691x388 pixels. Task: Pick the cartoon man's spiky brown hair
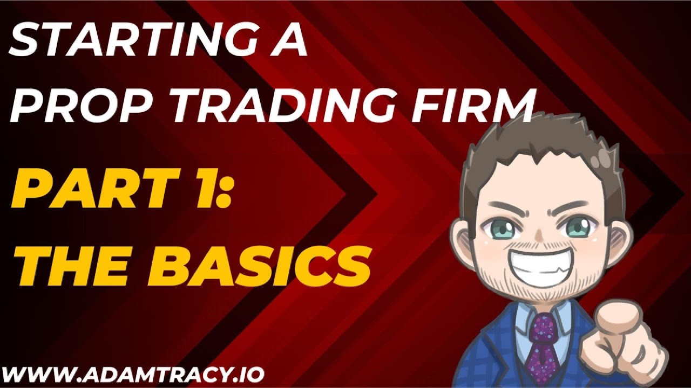pos(540,145)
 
